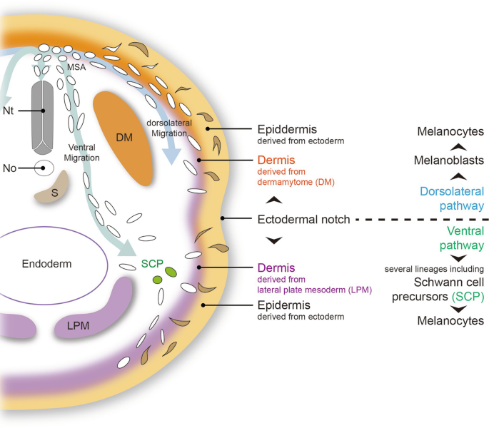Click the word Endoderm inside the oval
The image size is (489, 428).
(46, 263)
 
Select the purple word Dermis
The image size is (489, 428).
(275, 268)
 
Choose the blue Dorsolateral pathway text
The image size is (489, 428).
(451, 198)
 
